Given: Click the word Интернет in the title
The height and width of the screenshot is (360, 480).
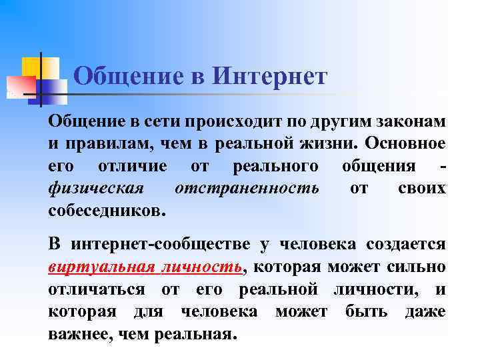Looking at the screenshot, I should tap(269, 77).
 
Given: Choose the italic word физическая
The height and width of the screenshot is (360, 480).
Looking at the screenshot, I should tap(96, 188).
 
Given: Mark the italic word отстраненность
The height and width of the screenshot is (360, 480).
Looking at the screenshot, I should tap(247, 188).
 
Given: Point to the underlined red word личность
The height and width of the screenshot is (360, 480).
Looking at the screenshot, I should tap(203, 267).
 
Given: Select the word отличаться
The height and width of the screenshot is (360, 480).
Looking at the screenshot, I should tap(96, 289).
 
